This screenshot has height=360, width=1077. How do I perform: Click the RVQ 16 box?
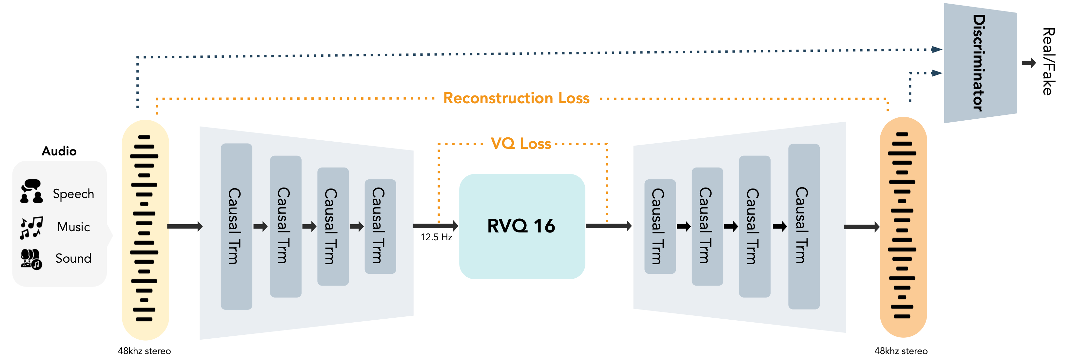[x=522, y=226]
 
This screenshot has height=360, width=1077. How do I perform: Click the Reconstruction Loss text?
[x=516, y=98]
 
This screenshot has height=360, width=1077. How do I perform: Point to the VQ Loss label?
[x=521, y=143]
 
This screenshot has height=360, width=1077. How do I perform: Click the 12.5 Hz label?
[x=436, y=237]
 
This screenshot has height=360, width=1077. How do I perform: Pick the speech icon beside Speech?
[x=32, y=191]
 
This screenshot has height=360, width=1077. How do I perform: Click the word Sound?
[x=74, y=258]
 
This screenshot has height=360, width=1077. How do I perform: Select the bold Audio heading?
[x=59, y=151]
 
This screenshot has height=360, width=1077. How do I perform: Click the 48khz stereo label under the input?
[x=144, y=351]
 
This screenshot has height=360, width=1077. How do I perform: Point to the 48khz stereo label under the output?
[x=901, y=351]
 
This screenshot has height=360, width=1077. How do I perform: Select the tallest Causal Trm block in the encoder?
[x=236, y=226]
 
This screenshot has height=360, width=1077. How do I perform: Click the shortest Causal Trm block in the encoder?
[x=380, y=226]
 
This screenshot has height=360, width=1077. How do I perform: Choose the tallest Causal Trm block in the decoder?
[x=804, y=226]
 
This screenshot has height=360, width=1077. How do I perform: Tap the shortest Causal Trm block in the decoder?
[x=660, y=226]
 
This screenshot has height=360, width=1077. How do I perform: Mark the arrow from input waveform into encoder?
[x=185, y=227]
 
